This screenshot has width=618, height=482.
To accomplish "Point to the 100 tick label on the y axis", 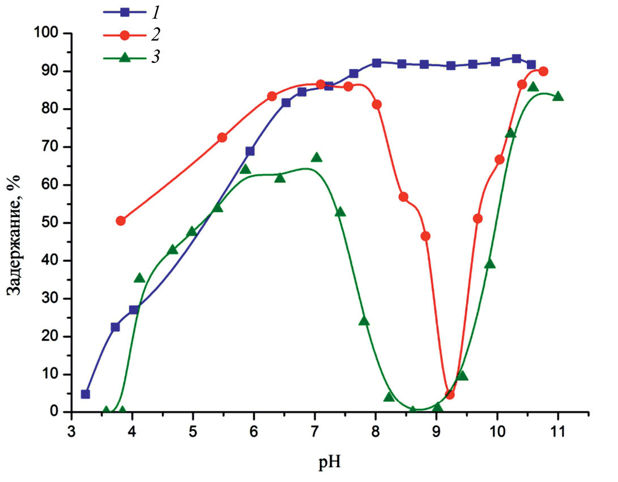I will pyautogui.click(x=46, y=33).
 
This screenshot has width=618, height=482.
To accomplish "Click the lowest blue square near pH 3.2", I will pyautogui.click(x=86, y=394).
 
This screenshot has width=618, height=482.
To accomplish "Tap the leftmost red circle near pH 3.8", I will pyautogui.click(x=121, y=221).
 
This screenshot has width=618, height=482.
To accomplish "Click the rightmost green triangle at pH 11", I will pyautogui.click(x=558, y=96).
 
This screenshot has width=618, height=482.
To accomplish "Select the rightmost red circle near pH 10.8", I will pyautogui.click(x=543, y=71).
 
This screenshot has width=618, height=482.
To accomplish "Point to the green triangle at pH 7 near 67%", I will pyautogui.click(x=316, y=157).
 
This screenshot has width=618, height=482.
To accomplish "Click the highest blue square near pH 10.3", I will pyautogui.click(x=516, y=58).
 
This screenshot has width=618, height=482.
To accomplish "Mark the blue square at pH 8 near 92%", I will pyautogui.click(x=376, y=63).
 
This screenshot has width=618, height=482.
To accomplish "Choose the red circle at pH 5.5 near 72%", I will pyautogui.click(x=222, y=137).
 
